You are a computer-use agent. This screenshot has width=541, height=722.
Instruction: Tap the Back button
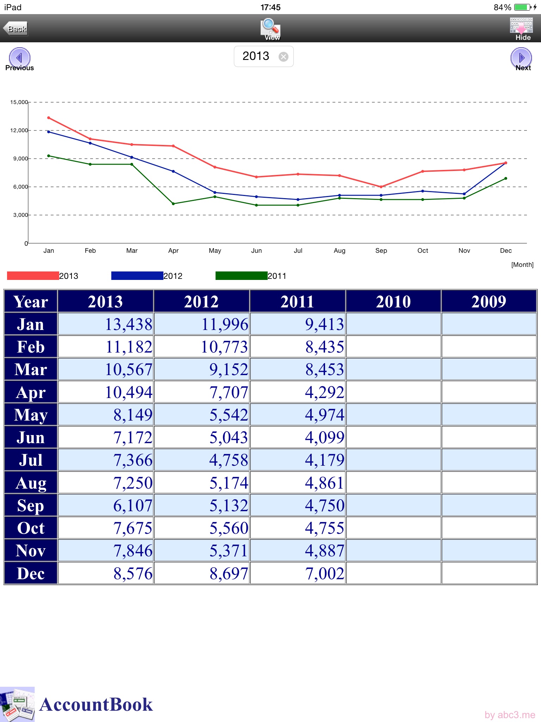(x=15, y=29)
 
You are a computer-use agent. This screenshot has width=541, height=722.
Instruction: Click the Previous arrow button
(x=19, y=57)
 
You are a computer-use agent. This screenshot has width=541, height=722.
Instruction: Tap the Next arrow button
(x=521, y=57)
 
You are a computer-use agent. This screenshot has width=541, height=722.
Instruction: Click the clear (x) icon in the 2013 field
(x=283, y=57)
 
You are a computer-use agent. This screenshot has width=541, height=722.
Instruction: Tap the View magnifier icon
(x=270, y=27)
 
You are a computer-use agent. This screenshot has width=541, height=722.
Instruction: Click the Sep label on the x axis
(x=381, y=251)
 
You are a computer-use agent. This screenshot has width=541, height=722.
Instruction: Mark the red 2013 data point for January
(x=49, y=118)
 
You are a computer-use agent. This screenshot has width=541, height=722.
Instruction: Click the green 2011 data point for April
(x=173, y=204)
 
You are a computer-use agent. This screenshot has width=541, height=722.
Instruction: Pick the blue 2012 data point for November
(x=464, y=194)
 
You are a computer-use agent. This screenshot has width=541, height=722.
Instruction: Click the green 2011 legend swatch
(x=241, y=276)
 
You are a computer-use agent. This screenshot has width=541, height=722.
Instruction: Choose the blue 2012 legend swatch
(x=137, y=276)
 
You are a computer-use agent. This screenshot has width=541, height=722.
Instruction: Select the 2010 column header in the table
(x=393, y=302)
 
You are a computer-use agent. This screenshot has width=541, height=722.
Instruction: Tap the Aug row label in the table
(x=31, y=483)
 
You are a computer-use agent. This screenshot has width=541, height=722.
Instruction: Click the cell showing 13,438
(x=106, y=324)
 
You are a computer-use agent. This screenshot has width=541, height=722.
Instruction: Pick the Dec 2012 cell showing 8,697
(x=202, y=574)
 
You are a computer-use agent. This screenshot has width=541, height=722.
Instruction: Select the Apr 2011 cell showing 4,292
(x=298, y=392)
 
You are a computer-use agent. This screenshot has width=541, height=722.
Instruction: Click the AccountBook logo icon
(x=17, y=704)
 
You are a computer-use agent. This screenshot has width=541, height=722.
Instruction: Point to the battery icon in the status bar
(x=523, y=7)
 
